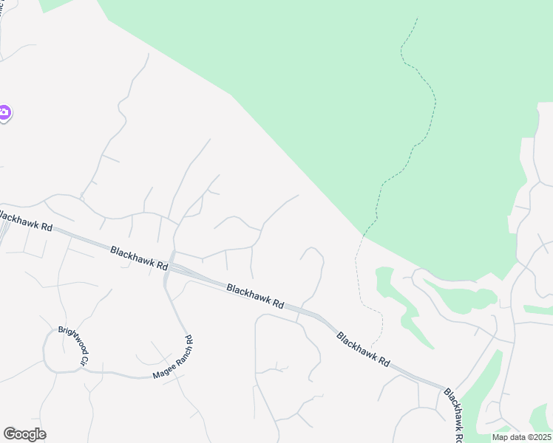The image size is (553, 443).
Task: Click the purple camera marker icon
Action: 4,113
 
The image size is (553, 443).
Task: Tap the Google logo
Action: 24,434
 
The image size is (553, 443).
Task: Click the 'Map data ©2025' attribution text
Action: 521,437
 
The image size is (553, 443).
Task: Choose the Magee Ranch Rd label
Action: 173,358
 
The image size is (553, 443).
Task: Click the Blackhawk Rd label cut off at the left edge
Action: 27,219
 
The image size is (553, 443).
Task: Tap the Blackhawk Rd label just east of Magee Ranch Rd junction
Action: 255,296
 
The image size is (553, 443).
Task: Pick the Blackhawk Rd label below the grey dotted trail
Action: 362,349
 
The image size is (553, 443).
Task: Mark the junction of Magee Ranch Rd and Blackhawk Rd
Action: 170,267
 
